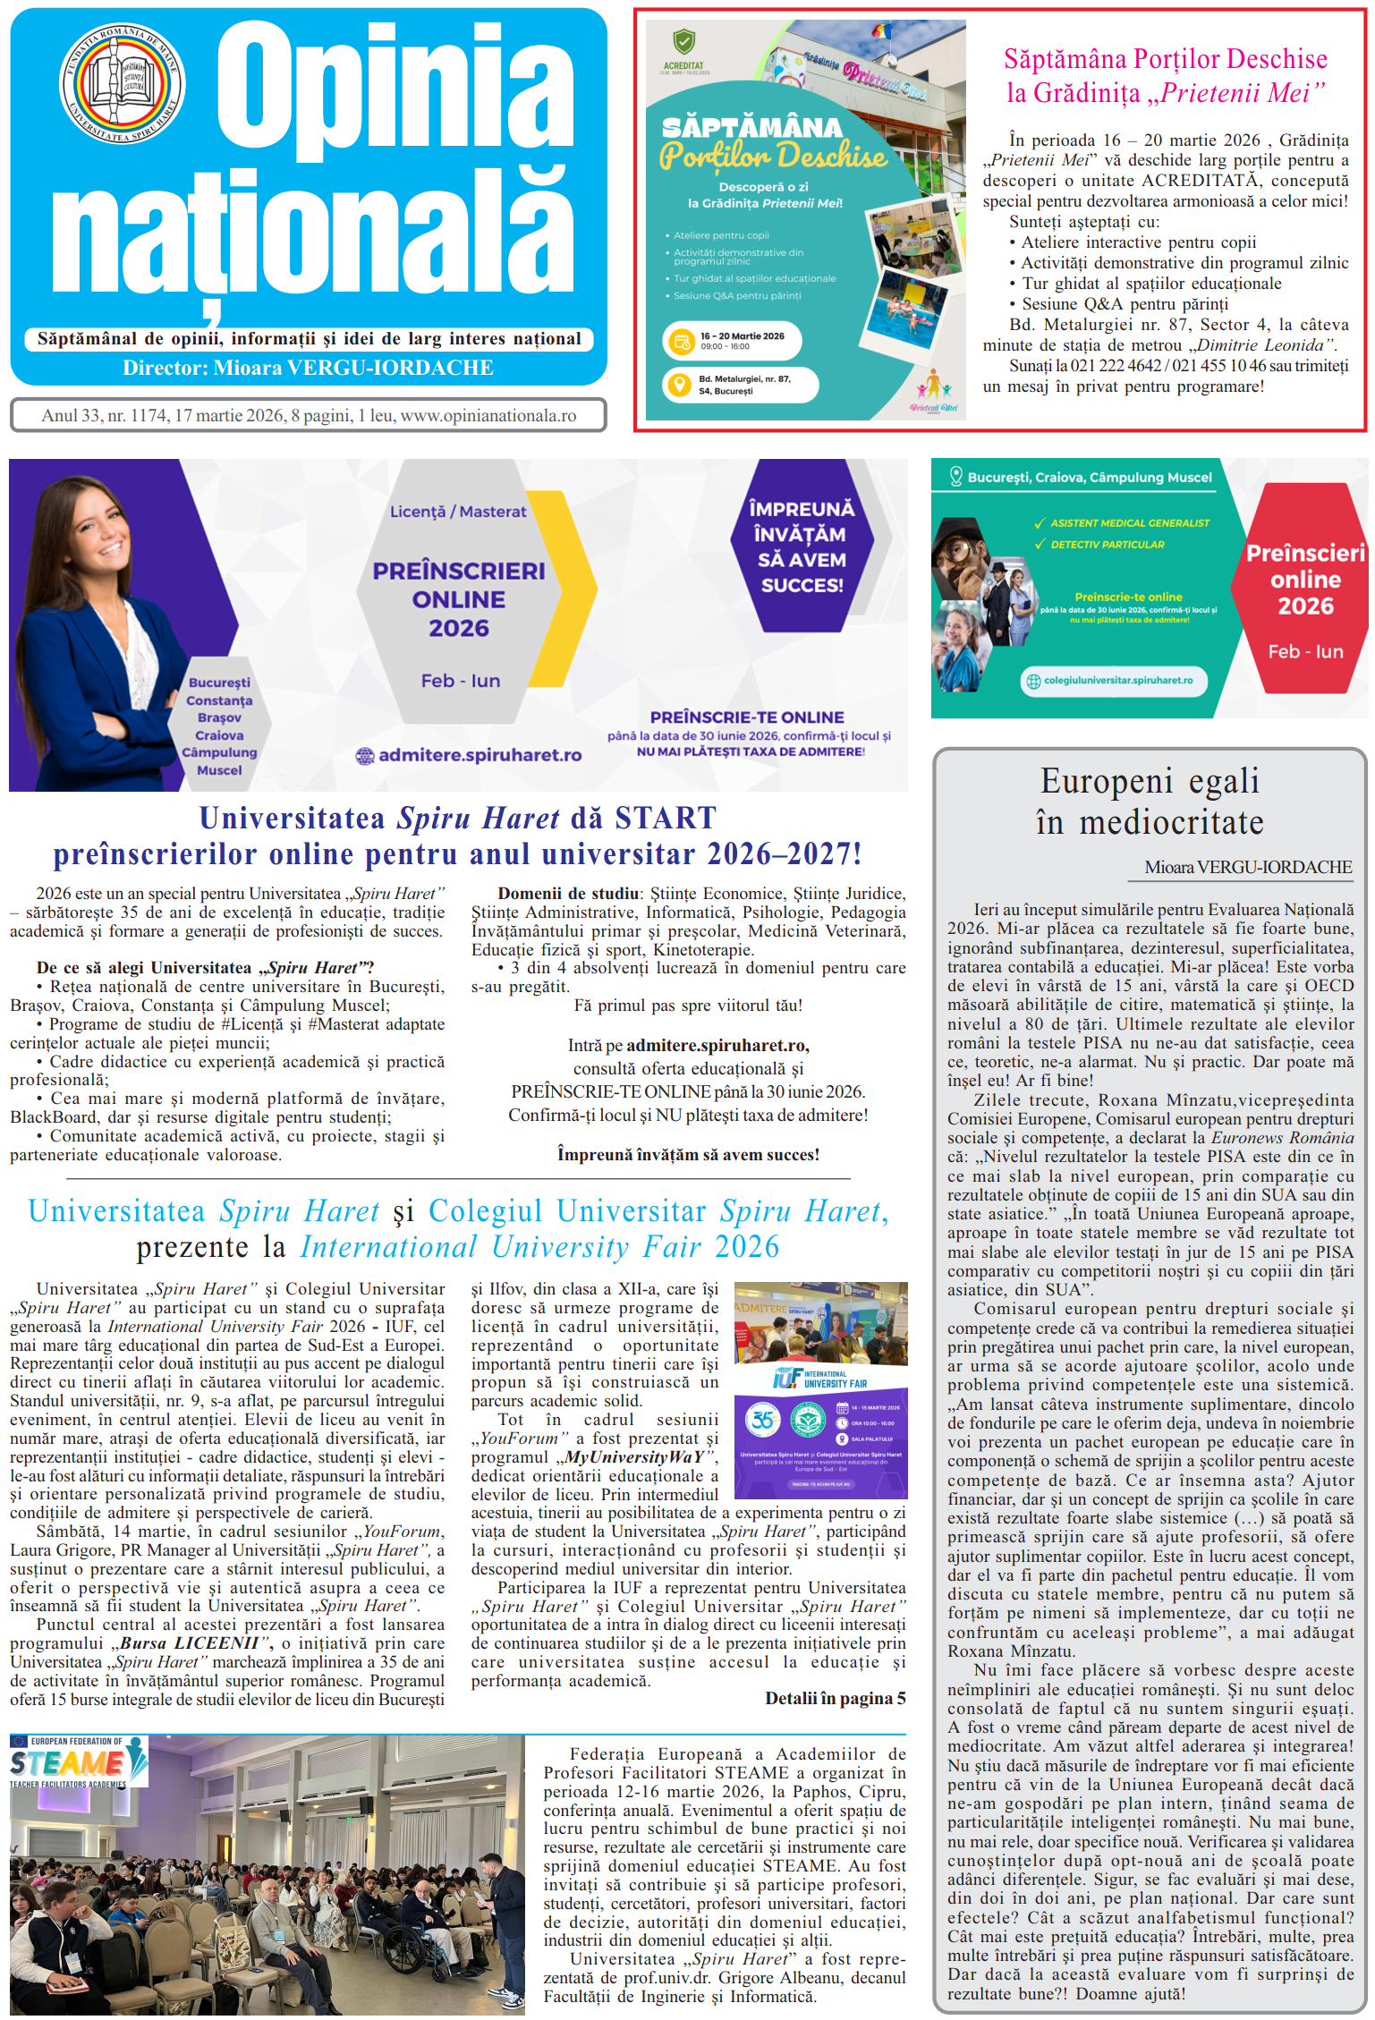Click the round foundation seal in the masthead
122,83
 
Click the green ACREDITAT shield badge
683,43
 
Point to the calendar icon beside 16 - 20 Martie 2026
682,341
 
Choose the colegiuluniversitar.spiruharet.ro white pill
1114,681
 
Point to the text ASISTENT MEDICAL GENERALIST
1129,523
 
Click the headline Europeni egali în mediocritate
1150,802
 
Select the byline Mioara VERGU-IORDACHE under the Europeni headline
1248,867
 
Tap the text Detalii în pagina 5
835,1698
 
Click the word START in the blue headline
666,818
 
